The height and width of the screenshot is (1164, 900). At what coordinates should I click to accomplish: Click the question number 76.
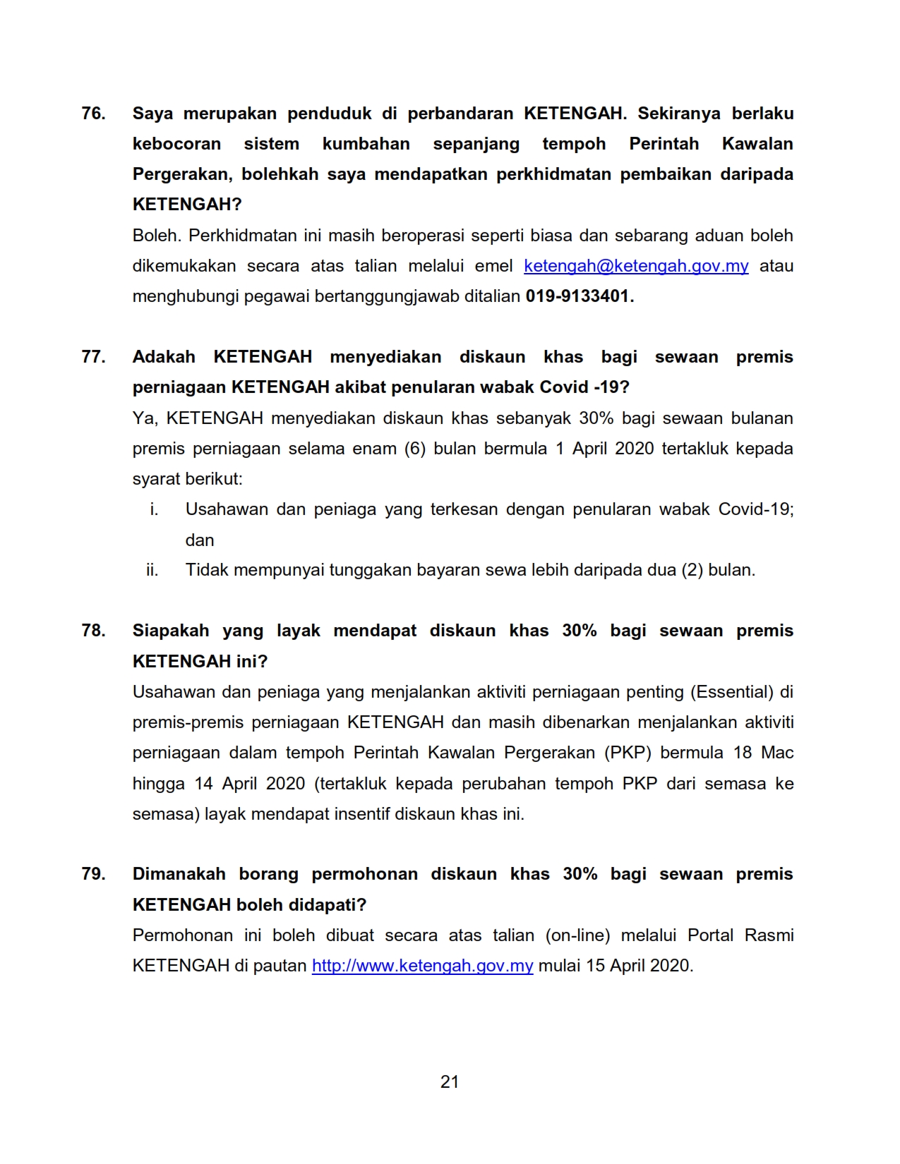point(93,114)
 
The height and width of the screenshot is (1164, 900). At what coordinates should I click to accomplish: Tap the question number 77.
point(93,357)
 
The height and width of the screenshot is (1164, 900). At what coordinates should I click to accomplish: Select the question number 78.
point(93,631)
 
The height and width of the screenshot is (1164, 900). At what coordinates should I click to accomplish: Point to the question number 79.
point(93,874)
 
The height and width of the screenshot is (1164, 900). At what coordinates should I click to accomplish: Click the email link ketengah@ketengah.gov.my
point(636,266)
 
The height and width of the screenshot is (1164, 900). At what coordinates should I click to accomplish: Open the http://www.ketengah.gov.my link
point(422,966)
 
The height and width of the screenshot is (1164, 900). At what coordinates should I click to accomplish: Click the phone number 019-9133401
point(580,296)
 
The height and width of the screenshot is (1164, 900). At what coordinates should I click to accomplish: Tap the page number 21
point(450,1082)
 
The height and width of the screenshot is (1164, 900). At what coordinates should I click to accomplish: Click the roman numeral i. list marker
point(154,509)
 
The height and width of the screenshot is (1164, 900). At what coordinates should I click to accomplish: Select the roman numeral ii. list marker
point(152,570)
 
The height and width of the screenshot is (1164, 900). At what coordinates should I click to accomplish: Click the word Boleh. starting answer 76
point(156,236)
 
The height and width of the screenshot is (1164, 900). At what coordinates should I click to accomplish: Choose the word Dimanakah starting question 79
point(179,874)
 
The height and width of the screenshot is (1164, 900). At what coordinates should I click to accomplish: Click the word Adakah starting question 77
point(164,357)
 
